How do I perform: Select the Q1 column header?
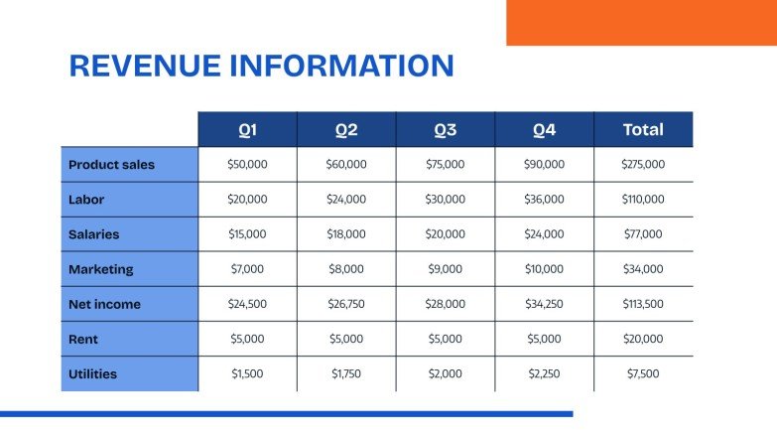click(x=247, y=130)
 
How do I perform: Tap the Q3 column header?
click(x=445, y=130)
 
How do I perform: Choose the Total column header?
click(x=643, y=130)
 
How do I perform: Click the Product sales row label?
click(x=111, y=165)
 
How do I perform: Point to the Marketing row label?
click(x=100, y=269)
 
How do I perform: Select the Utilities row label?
click(x=92, y=374)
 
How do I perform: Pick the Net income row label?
click(x=104, y=305)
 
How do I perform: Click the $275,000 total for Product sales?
click(x=643, y=165)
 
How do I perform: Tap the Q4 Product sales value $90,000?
click(x=544, y=165)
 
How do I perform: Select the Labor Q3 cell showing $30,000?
click(x=445, y=200)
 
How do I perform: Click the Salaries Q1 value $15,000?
click(x=247, y=234)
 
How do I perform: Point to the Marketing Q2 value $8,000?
click(x=346, y=269)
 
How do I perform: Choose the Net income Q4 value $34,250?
click(x=544, y=305)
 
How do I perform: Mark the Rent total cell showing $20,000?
click(x=643, y=340)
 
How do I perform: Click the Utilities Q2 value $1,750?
click(x=346, y=374)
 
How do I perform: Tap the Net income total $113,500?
click(x=643, y=305)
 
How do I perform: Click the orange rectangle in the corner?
click(x=641, y=22)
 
